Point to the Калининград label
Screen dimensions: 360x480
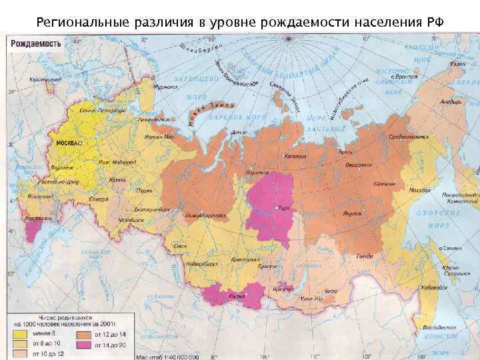tap(44, 79)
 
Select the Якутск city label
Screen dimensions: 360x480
tap(352, 214)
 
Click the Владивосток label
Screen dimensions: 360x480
tap(440, 328)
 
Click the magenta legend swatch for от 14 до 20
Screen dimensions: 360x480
tap(84, 345)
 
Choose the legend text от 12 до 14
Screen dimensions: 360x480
tap(111, 334)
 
